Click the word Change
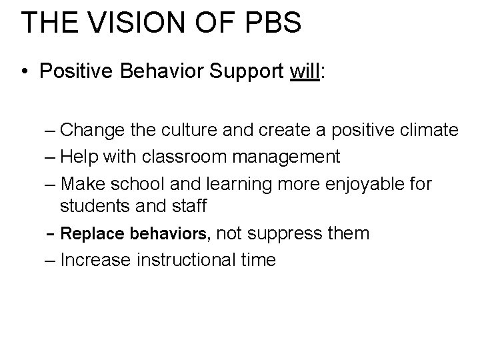[95, 130]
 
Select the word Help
[81, 157]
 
